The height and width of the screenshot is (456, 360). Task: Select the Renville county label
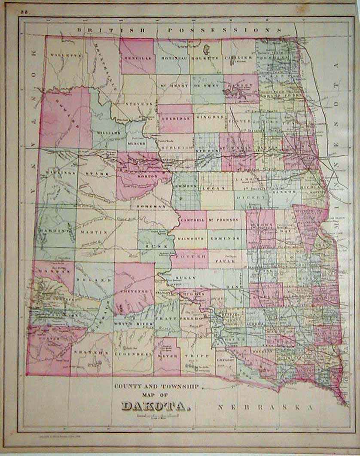(x=137, y=58)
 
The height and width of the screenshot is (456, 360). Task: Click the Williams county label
(x=108, y=133)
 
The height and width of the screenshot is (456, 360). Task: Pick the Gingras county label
(x=210, y=117)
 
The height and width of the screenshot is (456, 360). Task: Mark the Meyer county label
(x=167, y=355)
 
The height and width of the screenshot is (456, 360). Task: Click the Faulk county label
(x=229, y=260)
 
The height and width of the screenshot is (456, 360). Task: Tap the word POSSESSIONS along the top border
(x=225, y=30)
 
